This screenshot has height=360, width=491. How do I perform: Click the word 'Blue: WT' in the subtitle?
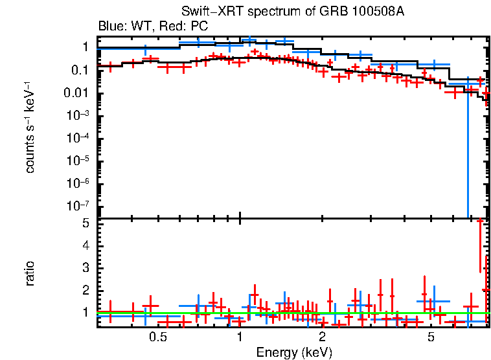point(118,27)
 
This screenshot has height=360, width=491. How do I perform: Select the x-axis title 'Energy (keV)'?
point(293,352)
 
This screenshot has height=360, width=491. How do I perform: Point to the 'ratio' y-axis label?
point(30,273)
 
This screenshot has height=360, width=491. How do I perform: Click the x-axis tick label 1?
point(240,337)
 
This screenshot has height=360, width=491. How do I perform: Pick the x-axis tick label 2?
point(322,337)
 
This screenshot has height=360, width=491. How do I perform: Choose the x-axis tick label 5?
point(431,337)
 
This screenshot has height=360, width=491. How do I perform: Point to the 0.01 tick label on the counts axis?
point(77,93)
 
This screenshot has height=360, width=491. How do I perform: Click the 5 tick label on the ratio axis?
point(85,223)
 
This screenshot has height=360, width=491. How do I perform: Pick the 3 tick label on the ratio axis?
point(85,268)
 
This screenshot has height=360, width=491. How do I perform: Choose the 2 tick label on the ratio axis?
point(85,290)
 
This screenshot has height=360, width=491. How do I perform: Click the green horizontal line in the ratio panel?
point(194,313)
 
